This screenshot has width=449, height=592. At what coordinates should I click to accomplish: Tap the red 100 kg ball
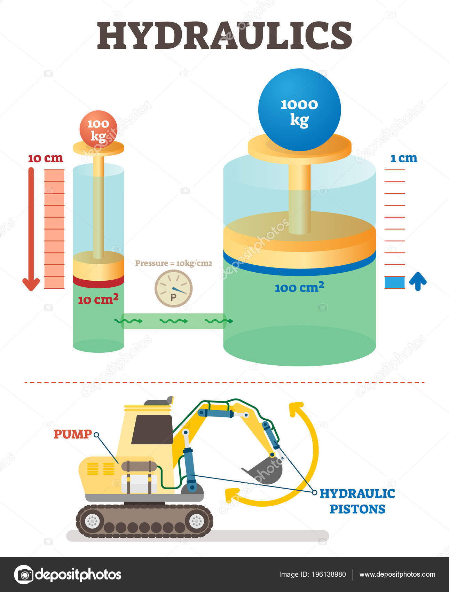pos(99,128)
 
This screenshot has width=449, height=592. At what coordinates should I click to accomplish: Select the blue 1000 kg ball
pos(299,110)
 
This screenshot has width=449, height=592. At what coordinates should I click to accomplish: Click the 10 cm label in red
pos(46,158)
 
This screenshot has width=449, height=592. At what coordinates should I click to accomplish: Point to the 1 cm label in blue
pos(404,158)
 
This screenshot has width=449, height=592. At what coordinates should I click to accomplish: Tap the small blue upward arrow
pos(418,282)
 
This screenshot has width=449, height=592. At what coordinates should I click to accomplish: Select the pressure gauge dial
pos(173,289)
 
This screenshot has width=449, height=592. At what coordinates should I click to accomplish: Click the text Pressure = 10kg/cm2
pos(173,263)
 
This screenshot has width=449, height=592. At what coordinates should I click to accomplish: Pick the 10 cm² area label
pos(98,299)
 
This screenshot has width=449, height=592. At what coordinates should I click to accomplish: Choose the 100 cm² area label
pos(299,288)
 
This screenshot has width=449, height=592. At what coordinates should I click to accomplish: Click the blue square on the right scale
pos(395,282)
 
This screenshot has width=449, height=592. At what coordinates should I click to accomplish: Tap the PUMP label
pos(73,434)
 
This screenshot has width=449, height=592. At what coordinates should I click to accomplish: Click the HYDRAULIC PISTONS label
pos(357,501)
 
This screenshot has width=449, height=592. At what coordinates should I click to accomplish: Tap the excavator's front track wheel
pos(196,521)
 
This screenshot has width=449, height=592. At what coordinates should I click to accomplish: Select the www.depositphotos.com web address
pos(397,574)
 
